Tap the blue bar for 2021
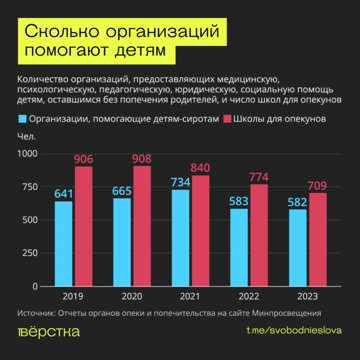click(181, 238)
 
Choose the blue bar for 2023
click(298, 247)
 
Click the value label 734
click(181, 182)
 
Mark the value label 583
click(240, 201)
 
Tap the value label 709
click(317, 185)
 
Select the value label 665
click(122, 191)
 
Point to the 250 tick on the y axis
click(31, 253)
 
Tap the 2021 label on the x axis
click(190, 297)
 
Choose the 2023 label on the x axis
click(308, 297)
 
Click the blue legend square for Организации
click(22, 119)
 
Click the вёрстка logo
click(49, 332)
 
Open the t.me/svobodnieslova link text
click(294, 331)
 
